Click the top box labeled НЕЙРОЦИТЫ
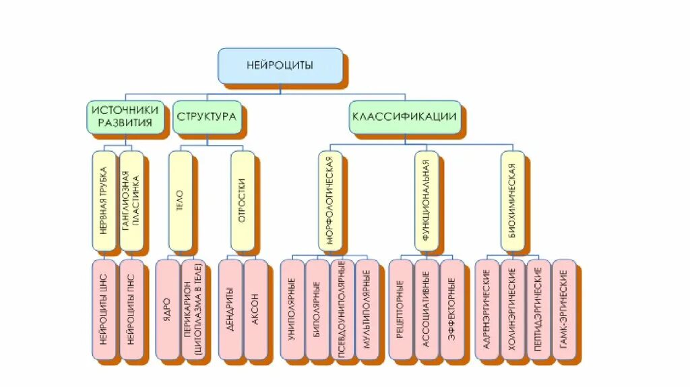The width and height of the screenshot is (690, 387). click(x=280, y=65)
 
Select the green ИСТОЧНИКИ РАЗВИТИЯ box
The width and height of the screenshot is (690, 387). click(x=125, y=117)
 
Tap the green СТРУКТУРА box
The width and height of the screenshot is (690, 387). click(x=206, y=117)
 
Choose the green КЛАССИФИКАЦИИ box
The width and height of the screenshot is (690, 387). click(x=404, y=116)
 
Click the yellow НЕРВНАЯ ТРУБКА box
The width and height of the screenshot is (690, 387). click(x=104, y=200)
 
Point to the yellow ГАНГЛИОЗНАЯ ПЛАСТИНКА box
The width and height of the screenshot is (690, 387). click(x=131, y=200)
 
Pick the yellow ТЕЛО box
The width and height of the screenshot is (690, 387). click(x=180, y=200)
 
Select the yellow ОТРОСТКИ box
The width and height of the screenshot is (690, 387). click(x=242, y=200)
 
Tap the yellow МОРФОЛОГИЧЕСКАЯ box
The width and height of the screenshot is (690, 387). click(x=330, y=200)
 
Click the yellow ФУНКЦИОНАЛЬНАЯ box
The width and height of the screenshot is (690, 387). click(x=426, y=200)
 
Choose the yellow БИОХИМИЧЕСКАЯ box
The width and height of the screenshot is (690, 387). click(x=512, y=200)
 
